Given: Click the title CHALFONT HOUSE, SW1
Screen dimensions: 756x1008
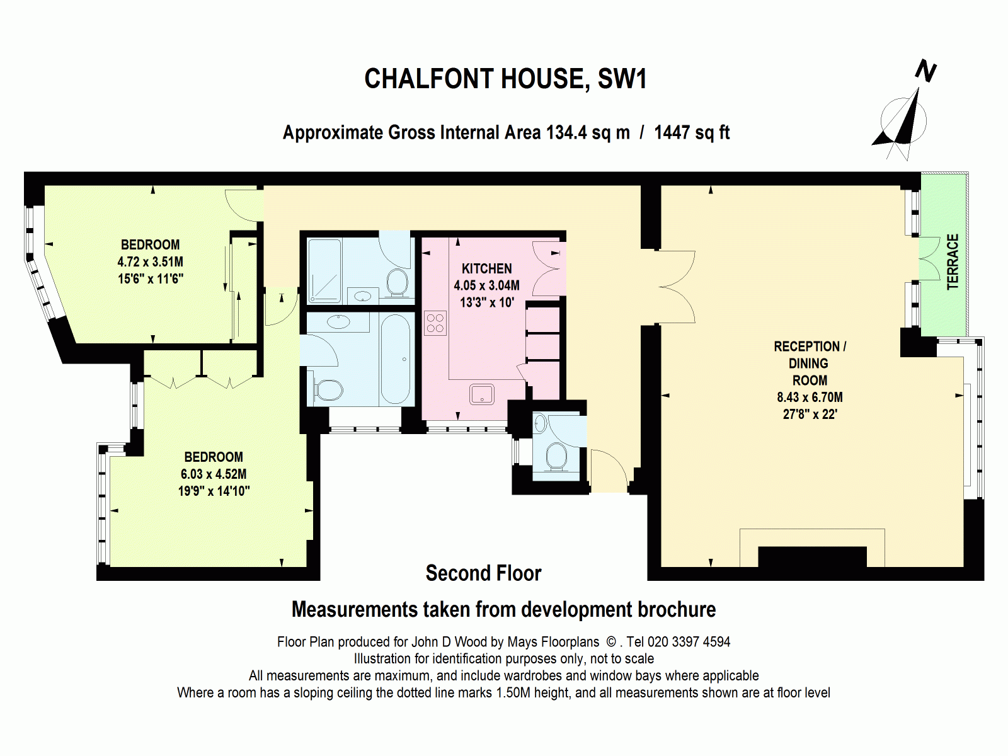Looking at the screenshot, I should click(x=505, y=79).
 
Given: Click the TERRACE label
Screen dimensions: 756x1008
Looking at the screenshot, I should click(x=953, y=261).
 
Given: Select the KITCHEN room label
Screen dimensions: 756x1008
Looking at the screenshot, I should click(x=486, y=268).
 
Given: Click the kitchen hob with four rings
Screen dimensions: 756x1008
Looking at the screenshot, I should click(x=435, y=323).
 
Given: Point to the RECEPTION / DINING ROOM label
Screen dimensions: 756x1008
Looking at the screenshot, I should click(x=810, y=364).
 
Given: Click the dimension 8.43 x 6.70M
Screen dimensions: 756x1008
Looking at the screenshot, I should click(x=810, y=398).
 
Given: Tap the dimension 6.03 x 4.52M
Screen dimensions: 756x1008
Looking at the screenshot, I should click(x=214, y=474).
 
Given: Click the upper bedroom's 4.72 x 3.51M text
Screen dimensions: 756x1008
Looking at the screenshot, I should click(x=150, y=262).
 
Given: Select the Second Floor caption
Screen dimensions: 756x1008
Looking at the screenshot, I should click(x=483, y=573).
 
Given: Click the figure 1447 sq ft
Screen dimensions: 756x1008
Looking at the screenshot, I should click(x=692, y=133).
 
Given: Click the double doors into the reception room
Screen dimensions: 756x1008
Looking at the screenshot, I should click(x=674, y=287).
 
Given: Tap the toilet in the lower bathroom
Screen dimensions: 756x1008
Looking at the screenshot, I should click(x=328, y=390).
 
